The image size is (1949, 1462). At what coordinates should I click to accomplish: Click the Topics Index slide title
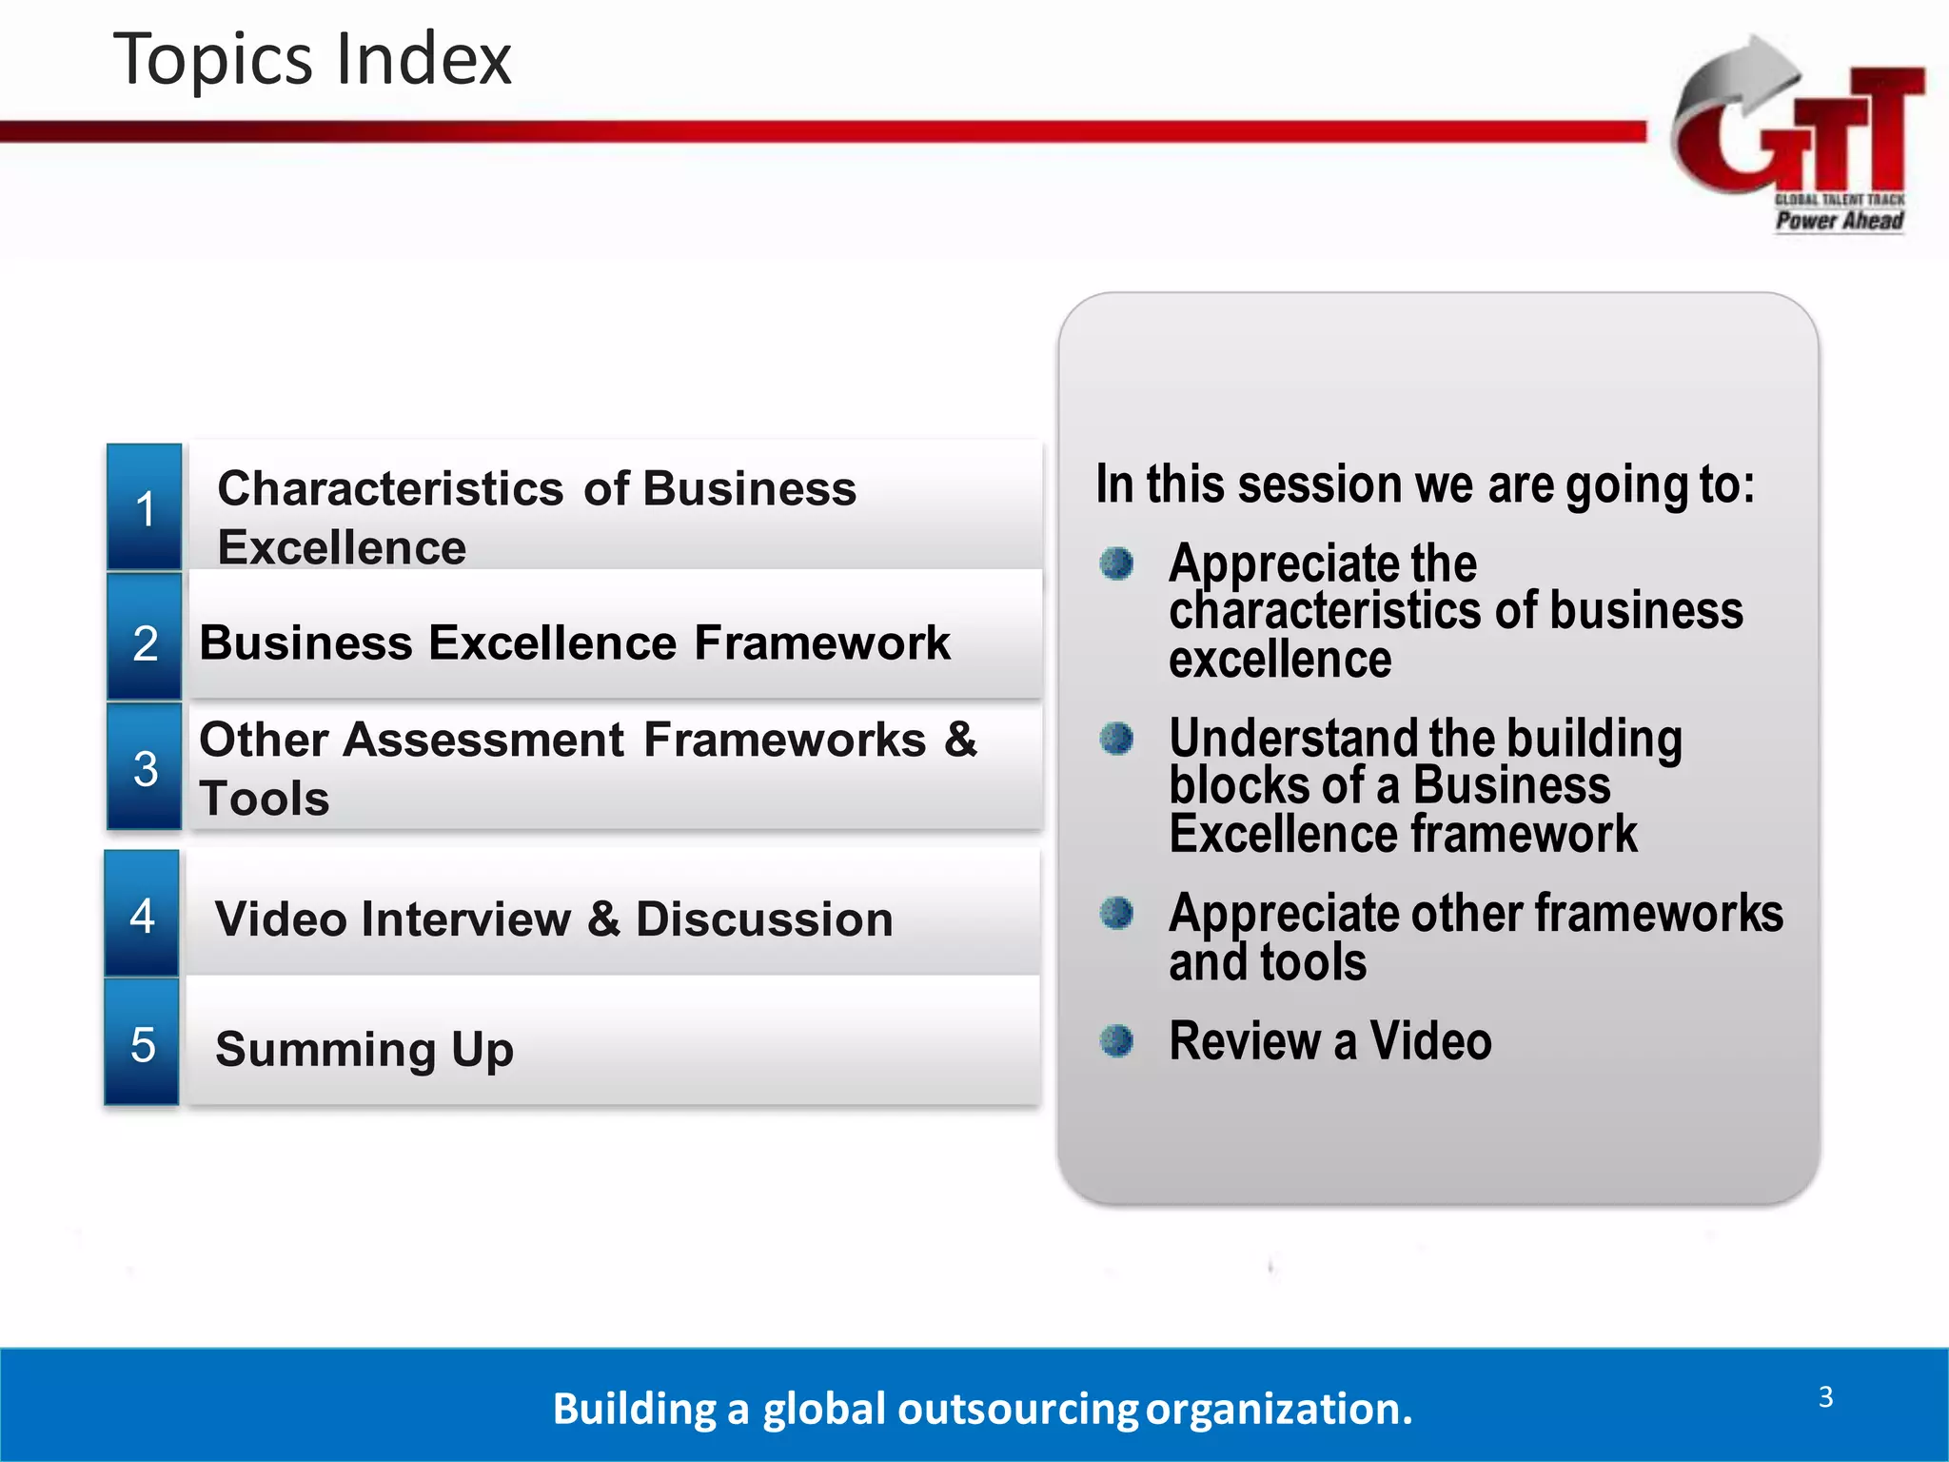312,59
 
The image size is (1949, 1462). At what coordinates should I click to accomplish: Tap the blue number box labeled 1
145,507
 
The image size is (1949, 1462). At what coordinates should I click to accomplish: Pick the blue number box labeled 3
145,767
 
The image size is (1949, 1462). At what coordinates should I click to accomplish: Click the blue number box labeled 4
142,915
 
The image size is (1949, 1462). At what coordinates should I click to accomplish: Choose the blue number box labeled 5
142,1044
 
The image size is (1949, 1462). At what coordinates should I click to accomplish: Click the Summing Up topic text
364,1049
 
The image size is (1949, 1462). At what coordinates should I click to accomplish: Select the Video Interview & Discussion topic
554,919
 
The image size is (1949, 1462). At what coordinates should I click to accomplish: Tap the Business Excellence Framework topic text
574,642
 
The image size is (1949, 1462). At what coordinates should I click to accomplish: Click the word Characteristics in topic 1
390,489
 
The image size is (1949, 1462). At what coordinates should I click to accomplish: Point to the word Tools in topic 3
265,798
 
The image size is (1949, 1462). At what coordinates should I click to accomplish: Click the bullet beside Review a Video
1116,1040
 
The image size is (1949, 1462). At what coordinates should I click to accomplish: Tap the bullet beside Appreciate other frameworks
1116,913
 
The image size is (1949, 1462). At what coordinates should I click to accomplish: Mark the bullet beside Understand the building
1116,738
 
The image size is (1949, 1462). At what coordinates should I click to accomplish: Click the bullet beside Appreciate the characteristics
1116,563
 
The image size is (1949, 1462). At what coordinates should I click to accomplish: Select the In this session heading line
1425,484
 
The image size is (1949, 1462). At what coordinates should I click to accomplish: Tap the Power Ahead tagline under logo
1839,221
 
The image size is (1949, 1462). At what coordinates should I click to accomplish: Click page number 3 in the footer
1825,1396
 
